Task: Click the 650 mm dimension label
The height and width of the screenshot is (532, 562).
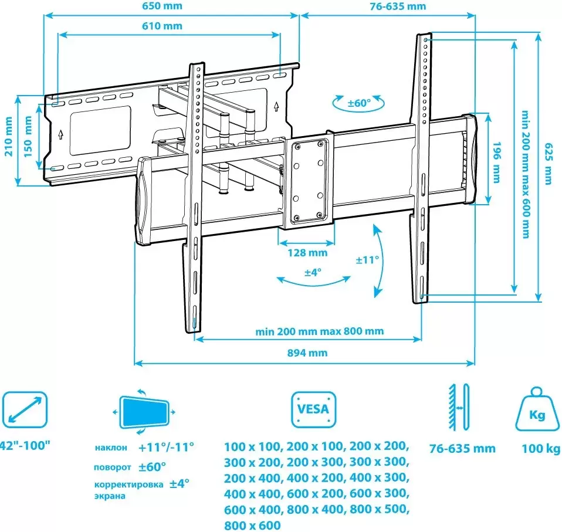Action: [x=162, y=6]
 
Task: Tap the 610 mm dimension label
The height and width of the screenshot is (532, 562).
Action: [x=162, y=26]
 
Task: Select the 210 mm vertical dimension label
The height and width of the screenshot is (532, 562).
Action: [x=8, y=137]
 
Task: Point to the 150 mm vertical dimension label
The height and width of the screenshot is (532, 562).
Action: [x=28, y=137]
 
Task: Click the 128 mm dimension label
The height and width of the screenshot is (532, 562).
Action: [x=307, y=253]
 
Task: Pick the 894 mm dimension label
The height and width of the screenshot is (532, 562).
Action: [x=307, y=353]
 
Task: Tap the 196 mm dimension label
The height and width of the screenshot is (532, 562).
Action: [x=497, y=162]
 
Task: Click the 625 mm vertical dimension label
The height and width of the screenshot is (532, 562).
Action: [x=549, y=164]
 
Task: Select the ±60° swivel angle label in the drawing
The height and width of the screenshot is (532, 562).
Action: [x=359, y=103]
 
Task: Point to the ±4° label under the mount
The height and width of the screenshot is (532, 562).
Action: [x=313, y=273]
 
